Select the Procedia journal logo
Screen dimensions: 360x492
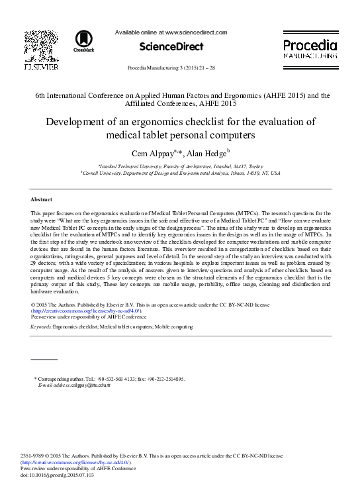pyautogui.click(x=310, y=46)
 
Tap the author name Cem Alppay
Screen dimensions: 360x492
pyautogui.click(x=154, y=154)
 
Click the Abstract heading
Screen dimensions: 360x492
pyautogui.click(x=41, y=199)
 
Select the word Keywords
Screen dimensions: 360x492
pyautogui.click(x=42, y=327)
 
